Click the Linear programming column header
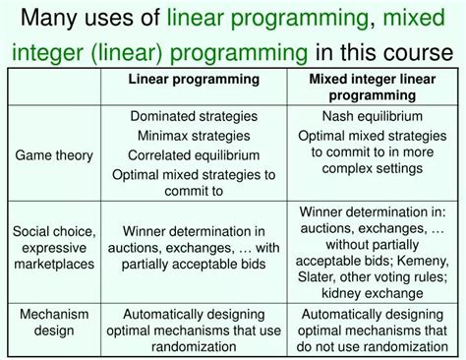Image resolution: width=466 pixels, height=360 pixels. point(195,79)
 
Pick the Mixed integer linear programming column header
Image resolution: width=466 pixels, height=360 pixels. point(373,87)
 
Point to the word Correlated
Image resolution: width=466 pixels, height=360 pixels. point(159,155)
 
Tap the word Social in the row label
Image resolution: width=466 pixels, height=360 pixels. point(32,230)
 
